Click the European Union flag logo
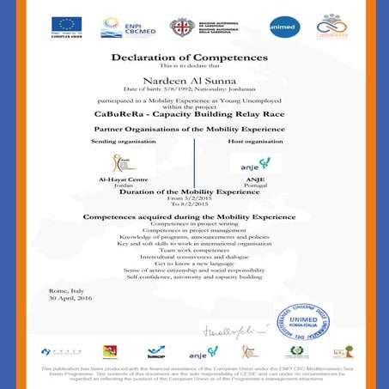(x=66, y=24)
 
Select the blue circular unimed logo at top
(x=285, y=27)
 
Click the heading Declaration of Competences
(x=189, y=58)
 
